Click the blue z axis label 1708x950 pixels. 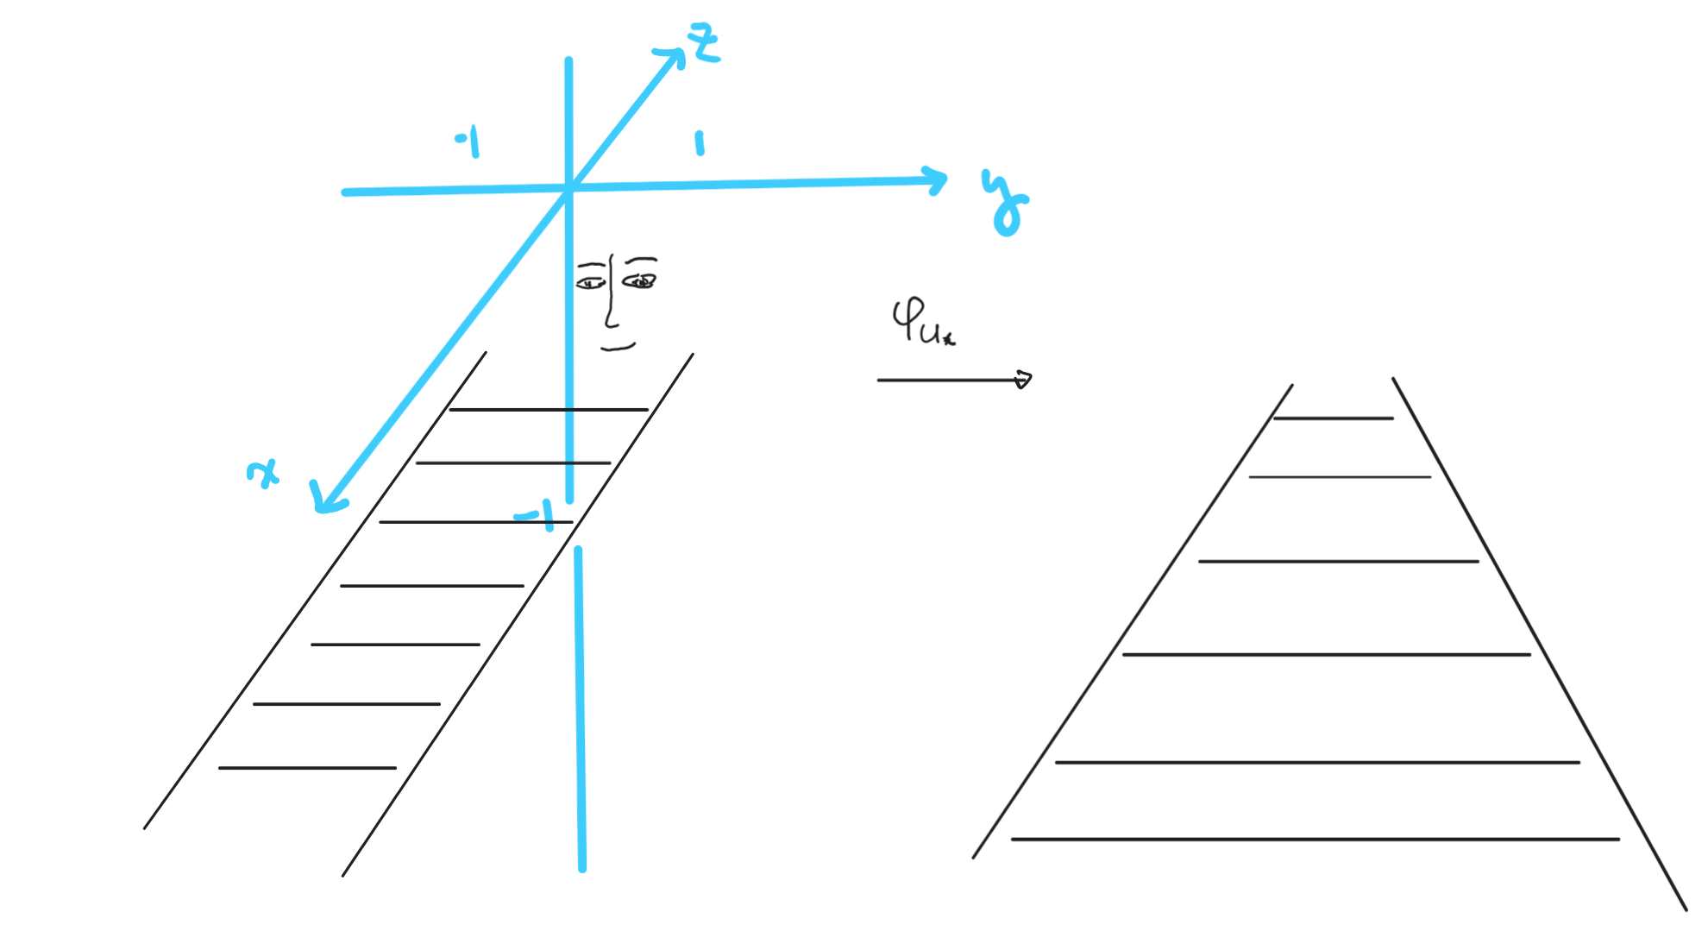tap(704, 43)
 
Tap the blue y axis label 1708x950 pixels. tap(1005, 204)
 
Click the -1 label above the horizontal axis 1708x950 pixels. tap(468, 142)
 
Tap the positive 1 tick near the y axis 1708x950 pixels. tap(700, 143)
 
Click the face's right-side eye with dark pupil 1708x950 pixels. tap(639, 281)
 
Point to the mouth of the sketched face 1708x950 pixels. tap(618, 348)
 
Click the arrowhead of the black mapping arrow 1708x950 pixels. tap(1023, 380)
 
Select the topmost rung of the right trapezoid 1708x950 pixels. tap(1333, 418)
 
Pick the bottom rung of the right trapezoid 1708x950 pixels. tap(1315, 839)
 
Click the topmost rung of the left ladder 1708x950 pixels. tap(549, 410)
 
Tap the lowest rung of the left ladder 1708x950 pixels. tap(307, 768)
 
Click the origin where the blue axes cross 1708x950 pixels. tap(569, 186)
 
